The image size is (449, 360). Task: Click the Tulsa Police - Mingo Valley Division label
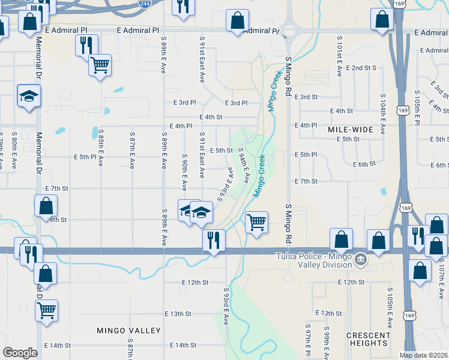click(x=314, y=260)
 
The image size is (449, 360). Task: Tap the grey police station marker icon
click(x=360, y=259)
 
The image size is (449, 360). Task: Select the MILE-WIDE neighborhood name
click(x=351, y=130)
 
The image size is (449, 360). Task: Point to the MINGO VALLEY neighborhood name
click(x=129, y=331)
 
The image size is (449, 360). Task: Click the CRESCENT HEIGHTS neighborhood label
click(x=368, y=338)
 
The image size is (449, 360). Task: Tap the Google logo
click(x=20, y=353)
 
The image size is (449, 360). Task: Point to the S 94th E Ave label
click(x=244, y=165)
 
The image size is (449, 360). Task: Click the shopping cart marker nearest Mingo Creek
click(x=257, y=223)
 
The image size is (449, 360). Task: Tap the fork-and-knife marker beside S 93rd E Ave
click(x=214, y=240)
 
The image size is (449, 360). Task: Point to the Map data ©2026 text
click(x=424, y=355)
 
